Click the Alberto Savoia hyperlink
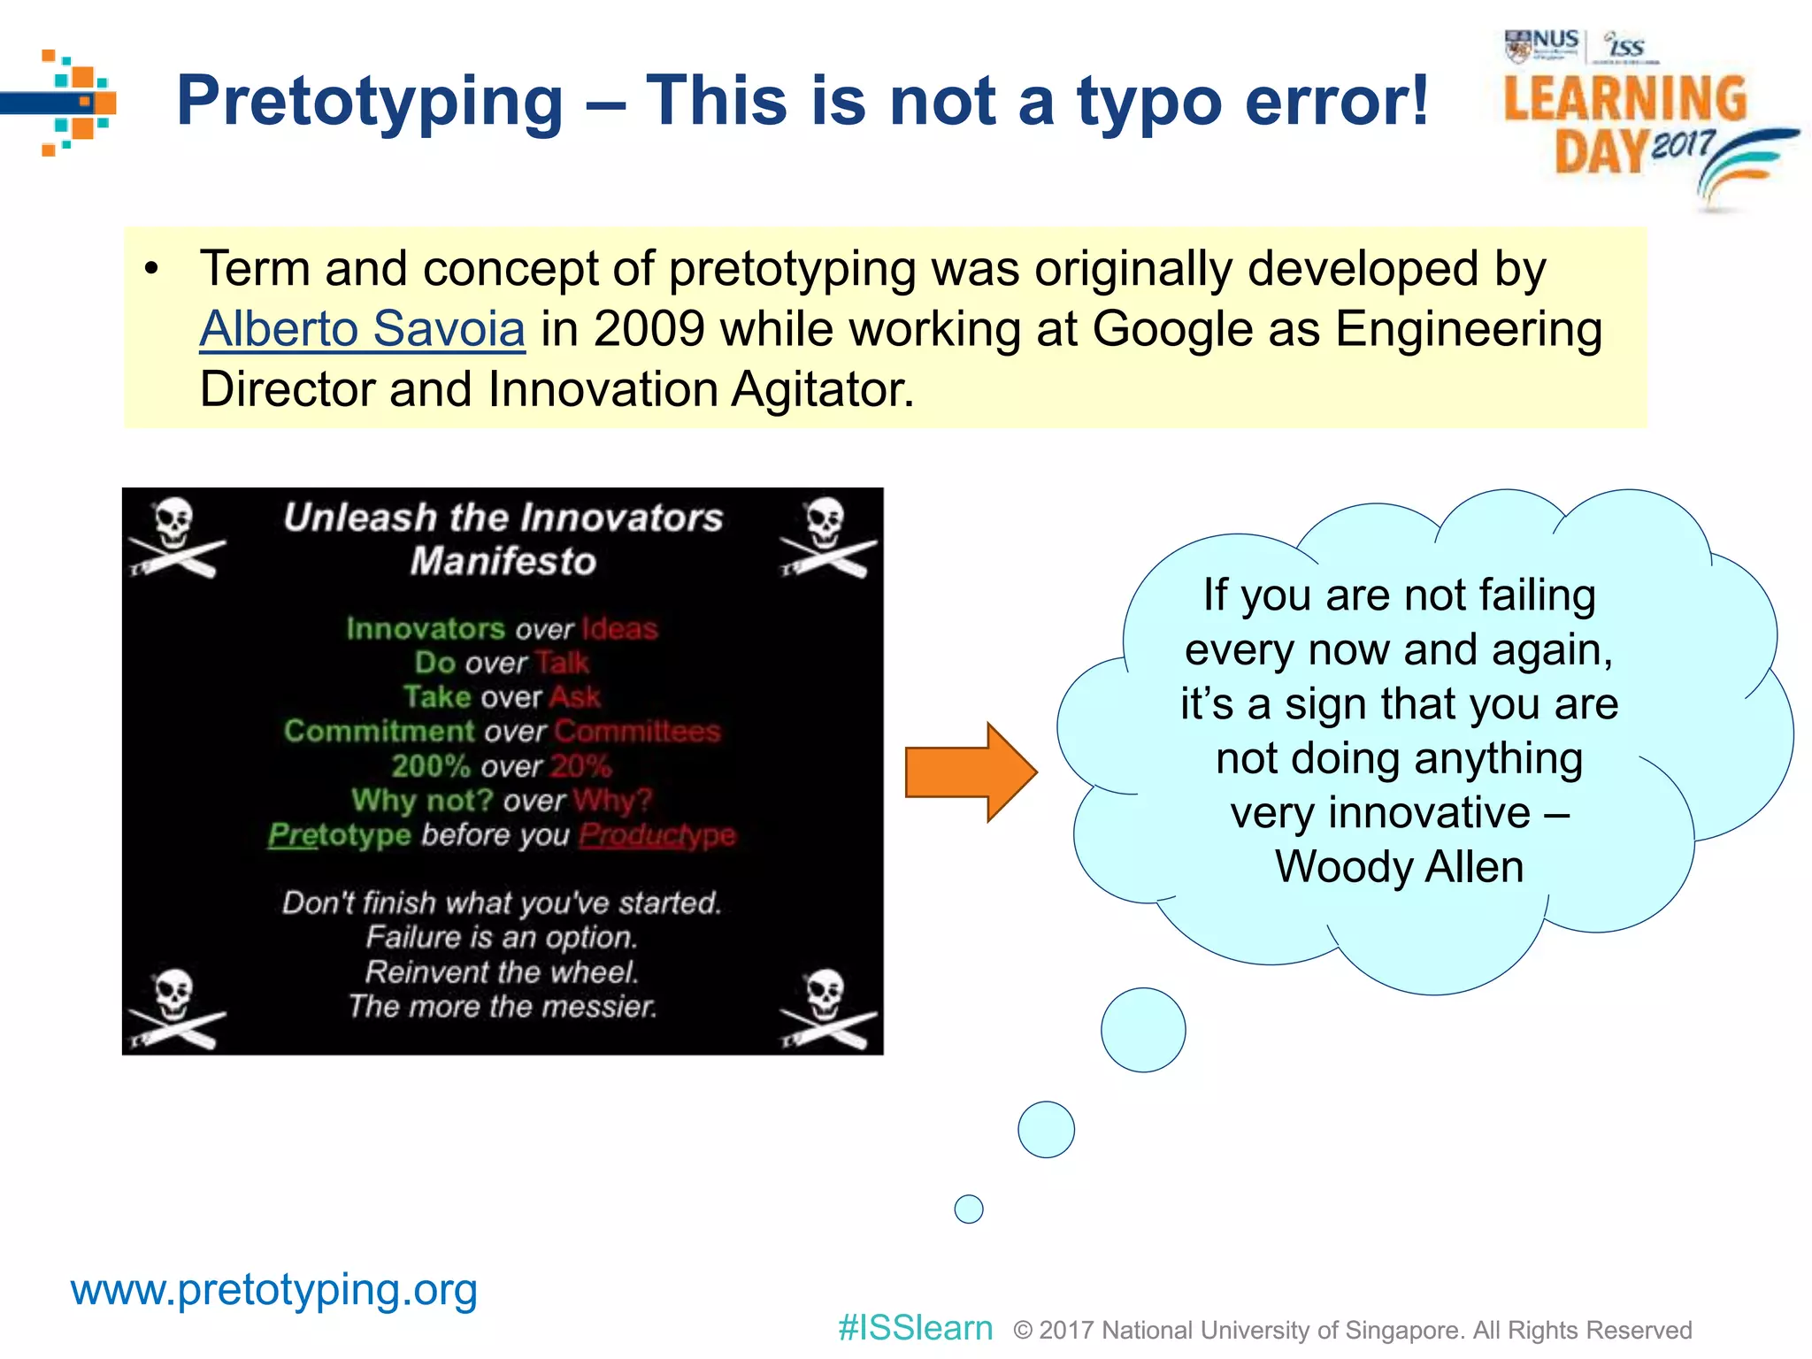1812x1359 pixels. tap(362, 329)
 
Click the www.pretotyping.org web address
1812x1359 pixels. tap(274, 1290)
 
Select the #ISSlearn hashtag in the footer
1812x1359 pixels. tap(915, 1328)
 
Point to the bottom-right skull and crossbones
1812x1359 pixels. tap(827, 1009)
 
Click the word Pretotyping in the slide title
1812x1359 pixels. tap(370, 101)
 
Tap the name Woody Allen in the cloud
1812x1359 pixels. tap(1399, 866)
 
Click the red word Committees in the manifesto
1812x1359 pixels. tap(637, 732)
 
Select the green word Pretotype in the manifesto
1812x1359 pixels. tap(340, 834)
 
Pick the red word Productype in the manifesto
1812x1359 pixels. tap(657, 834)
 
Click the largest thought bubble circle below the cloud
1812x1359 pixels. tap(1143, 1030)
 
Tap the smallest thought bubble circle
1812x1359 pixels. tap(969, 1209)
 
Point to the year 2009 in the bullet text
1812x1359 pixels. tap(649, 329)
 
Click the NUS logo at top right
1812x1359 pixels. tap(1543, 44)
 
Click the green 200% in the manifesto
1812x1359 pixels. tap(431, 766)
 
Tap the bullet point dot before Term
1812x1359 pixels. tap(152, 269)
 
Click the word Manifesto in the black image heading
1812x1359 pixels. tap(503, 562)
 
